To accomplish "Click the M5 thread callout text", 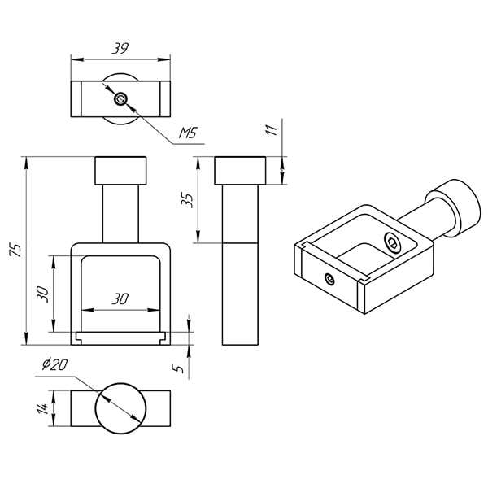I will [x=188, y=133].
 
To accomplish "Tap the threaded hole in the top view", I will [x=120, y=99].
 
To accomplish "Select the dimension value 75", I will [x=15, y=249].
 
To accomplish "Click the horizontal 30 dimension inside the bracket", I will [x=120, y=299].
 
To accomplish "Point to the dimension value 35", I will [x=188, y=199].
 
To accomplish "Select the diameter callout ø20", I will [x=54, y=365].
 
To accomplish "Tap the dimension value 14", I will [x=42, y=409].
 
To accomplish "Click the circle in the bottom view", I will [x=120, y=409].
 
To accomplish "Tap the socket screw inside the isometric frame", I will [x=393, y=243].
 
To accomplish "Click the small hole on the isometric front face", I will [x=329, y=279].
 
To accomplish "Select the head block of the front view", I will [x=120, y=171].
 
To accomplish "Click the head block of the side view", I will [x=241, y=171].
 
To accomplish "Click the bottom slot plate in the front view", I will [x=120, y=335].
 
